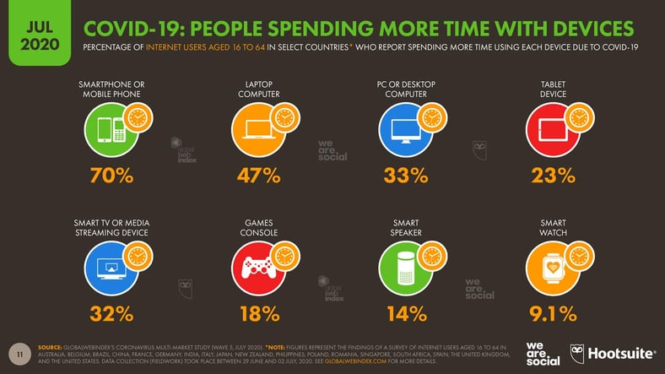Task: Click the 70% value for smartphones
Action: tap(112, 176)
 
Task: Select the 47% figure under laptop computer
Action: tap(258, 176)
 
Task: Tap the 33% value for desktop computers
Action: tap(406, 176)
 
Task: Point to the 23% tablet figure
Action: tap(553, 176)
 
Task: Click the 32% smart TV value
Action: tap(112, 314)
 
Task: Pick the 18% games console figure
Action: tap(258, 314)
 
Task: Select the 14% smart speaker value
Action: tap(406, 314)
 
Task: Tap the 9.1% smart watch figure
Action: tap(553, 314)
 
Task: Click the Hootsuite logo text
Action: tap(620, 354)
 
